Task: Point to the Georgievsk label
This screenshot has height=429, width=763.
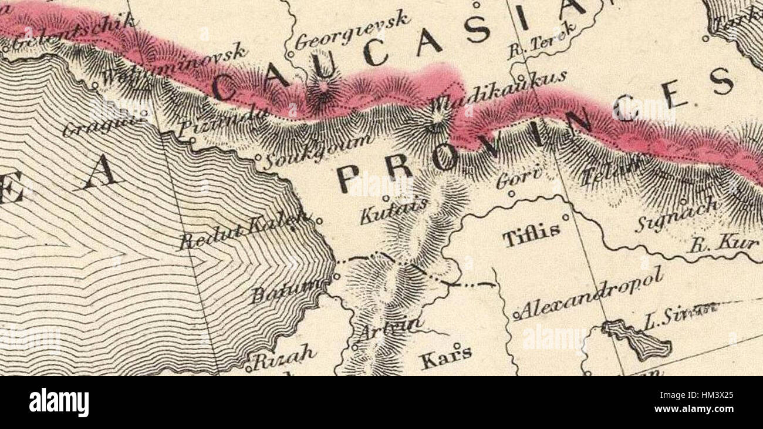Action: tap(352, 31)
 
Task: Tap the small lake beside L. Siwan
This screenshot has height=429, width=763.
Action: tap(637, 340)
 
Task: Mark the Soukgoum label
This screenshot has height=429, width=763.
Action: tap(317, 150)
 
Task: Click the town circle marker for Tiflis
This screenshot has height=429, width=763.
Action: tap(566, 217)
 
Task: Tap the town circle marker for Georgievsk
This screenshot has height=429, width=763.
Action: tap(289, 54)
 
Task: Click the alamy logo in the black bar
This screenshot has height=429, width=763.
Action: tap(59, 403)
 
